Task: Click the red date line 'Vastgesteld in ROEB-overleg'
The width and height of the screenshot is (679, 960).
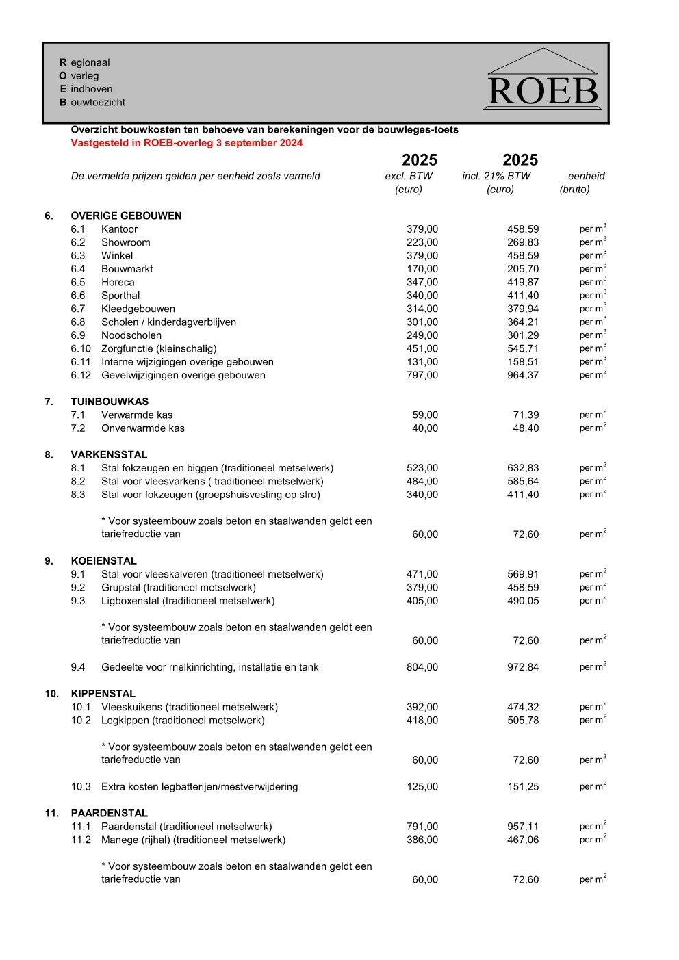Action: (186, 143)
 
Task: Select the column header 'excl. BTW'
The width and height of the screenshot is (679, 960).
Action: (409, 176)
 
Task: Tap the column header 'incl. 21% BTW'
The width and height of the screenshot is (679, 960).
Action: (496, 176)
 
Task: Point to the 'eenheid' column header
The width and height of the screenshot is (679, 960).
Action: (586, 176)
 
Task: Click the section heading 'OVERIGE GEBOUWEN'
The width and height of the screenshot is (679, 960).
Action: (126, 216)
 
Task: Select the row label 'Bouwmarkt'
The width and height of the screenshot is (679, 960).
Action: (127, 269)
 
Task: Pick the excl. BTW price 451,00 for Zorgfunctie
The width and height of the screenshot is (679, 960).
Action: (422, 348)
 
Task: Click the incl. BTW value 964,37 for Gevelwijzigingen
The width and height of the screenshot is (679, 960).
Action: (522, 375)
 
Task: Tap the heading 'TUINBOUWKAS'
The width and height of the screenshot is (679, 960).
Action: (110, 402)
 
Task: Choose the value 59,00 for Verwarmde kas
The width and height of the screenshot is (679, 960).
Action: (425, 415)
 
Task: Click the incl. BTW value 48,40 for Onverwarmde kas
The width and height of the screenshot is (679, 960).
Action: (526, 428)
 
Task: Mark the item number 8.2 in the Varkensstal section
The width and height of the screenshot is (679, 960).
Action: (78, 481)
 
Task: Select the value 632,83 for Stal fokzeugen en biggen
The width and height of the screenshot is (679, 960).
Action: (522, 468)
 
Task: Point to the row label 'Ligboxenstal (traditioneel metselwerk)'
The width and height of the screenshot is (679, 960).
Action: (188, 601)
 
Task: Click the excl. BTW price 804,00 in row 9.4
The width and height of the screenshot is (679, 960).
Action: (422, 667)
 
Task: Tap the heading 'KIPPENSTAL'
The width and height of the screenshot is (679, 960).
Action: (103, 693)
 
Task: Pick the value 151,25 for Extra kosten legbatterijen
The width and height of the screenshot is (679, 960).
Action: (522, 787)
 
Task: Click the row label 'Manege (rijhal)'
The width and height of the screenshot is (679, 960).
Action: (193, 840)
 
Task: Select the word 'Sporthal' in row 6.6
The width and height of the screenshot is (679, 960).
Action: (120, 296)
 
